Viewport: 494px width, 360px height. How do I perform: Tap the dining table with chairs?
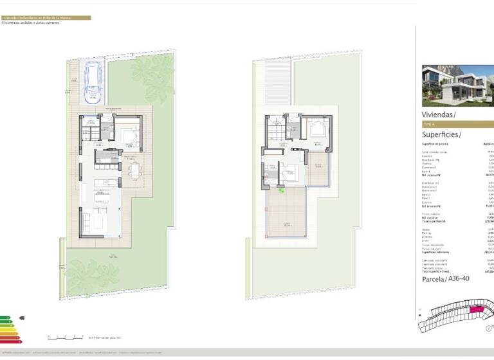coord(134,169)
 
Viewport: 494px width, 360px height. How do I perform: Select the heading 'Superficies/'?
coord(442,134)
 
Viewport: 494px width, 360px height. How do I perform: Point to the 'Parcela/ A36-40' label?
coord(445,278)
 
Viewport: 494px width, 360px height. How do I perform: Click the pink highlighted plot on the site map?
coord(477,310)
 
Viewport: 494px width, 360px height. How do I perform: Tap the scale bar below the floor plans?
coord(66,336)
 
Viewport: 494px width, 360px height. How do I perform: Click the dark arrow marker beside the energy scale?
coord(22,318)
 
